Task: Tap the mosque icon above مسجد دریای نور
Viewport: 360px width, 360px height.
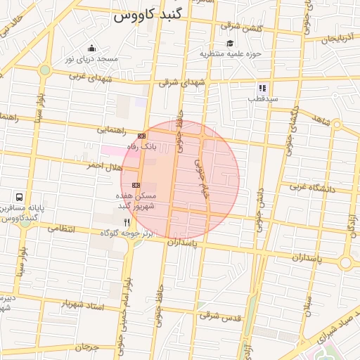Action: (x=91, y=49)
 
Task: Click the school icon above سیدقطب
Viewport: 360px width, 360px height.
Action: (x=262, y=89)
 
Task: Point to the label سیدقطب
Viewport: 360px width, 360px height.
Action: (x=262, y=99)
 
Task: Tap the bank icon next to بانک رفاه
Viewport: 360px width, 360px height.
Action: (x=142, y=135)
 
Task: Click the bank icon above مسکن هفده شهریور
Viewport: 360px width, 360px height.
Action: (x=136, y=185)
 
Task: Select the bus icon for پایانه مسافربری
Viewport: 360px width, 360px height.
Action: (x=19, y=198)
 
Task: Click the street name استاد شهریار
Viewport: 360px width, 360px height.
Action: (x=84, y=304)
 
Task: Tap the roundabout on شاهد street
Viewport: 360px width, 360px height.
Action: (x=337, y=124)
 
